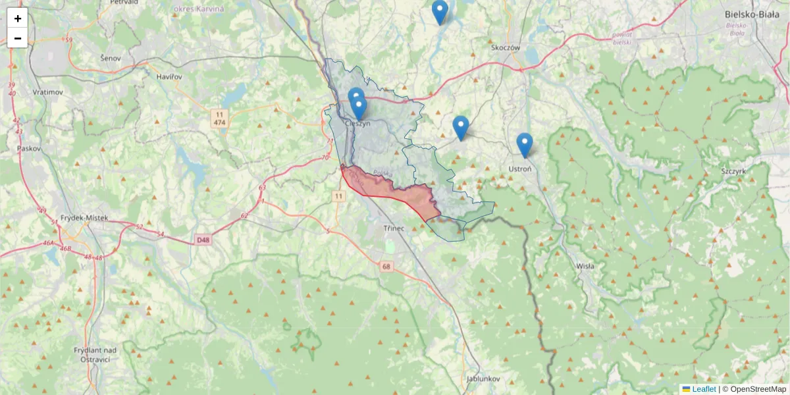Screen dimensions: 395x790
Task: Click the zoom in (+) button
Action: [x=18, y=18]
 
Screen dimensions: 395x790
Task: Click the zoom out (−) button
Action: [x=18, y=38]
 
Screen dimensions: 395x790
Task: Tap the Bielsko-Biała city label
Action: [x=751, y=13]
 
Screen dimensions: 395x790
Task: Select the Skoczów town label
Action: [x=506, y=47]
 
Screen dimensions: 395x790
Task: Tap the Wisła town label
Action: [x=585, y=266]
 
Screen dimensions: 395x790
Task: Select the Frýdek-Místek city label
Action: [x=83, y=218]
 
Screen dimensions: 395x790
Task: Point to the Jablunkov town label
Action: [x=484, y=379]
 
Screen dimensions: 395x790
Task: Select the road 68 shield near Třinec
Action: [x=386, y=266]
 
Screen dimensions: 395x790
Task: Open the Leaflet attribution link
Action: [x=704, y=389]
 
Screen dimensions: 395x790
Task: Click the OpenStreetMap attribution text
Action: [x=757, y=389]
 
